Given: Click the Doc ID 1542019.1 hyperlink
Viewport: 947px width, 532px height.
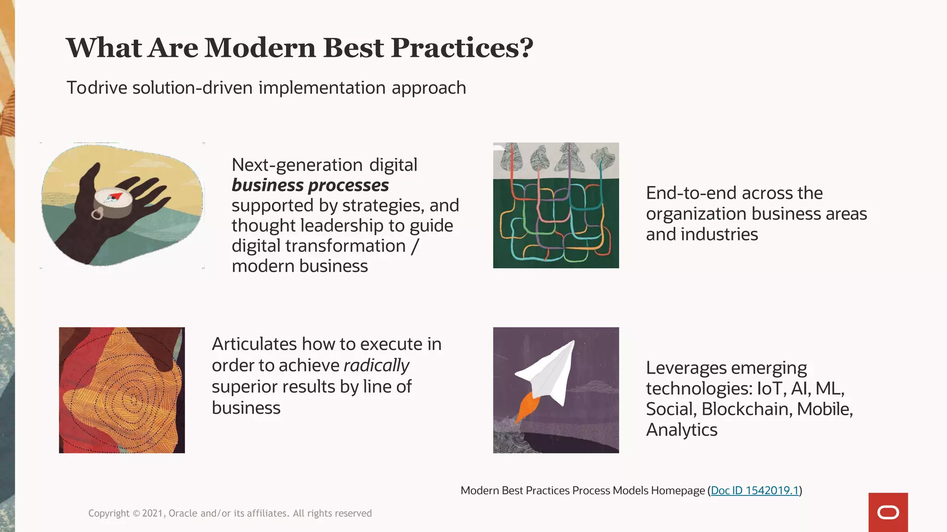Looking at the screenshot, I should [x=755, y=490].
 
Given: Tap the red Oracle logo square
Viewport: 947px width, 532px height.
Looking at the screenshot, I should [x=888, y=512].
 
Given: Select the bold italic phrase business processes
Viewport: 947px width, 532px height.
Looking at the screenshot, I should [x=310, y=185].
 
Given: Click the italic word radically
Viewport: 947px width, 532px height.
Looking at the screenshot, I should [x=376, y=365].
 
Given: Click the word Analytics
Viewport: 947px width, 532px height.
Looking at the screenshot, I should [x=682, y=430].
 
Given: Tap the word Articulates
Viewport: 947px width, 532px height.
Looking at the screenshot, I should [x=254, y=345].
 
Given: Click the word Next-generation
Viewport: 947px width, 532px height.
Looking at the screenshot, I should [x=297, y=165].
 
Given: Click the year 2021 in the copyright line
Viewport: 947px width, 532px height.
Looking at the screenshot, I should [x=152, y=514].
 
